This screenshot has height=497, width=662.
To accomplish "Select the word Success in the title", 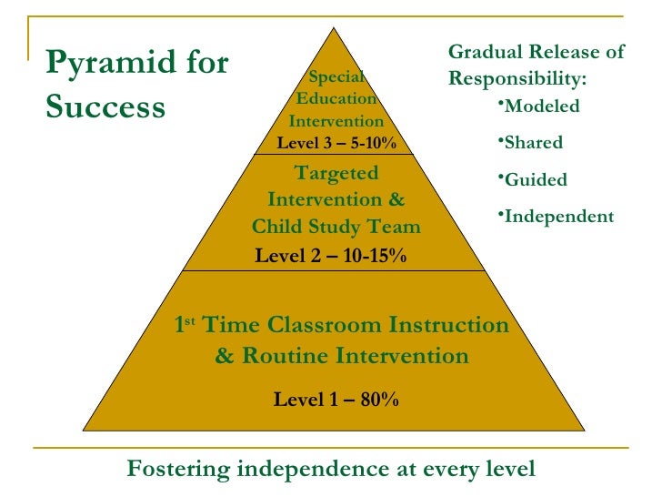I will [x=105, y=107].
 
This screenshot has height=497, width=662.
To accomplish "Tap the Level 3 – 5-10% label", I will [x=336, y=143].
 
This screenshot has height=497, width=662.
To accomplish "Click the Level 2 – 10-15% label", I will [x=331, y=256].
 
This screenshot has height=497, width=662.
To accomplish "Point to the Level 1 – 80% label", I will [x=336, y=399].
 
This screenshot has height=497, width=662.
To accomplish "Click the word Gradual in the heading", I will [x=483, y=52].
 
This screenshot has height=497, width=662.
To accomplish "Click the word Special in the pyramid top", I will [x=336, y=77].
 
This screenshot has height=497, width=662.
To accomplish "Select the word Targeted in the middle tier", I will [x=336, y=174].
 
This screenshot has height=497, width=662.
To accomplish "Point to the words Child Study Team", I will [x=336, y=227].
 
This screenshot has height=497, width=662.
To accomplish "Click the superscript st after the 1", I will [x=192, y=320].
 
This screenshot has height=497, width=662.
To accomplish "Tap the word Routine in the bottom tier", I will [x=281, y=355].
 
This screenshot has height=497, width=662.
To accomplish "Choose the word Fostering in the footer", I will [x=178, y=469].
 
